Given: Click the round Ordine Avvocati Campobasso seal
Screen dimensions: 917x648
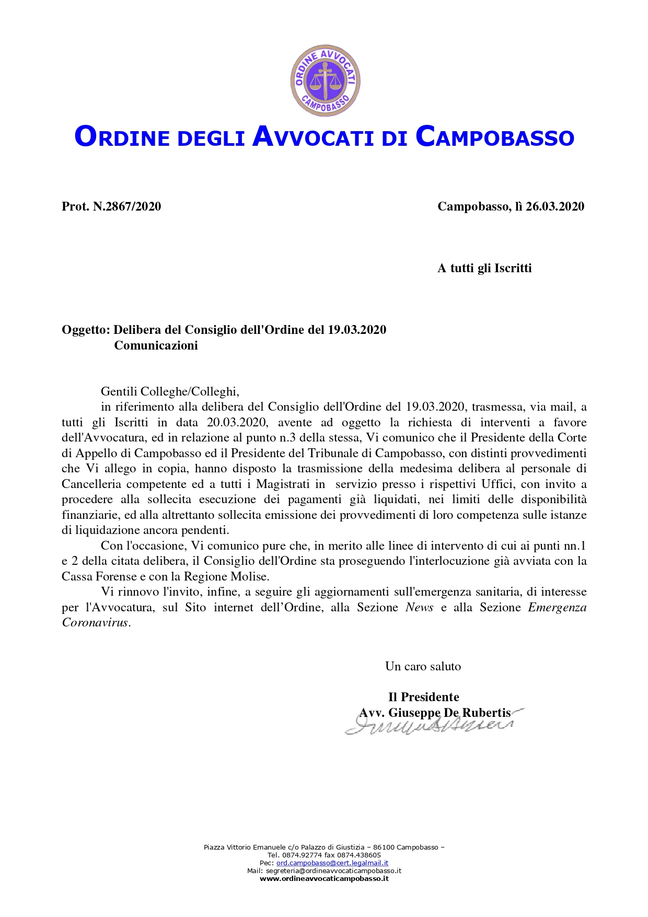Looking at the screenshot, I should coord(325,80).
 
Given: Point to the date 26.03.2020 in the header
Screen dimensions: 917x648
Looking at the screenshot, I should coord(555,206).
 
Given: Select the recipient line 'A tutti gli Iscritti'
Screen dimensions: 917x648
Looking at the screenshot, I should coord(484,268).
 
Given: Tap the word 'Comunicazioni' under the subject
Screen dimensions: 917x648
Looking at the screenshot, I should coord(156,345).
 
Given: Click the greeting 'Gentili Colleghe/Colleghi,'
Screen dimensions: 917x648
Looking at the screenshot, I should coord(170,391).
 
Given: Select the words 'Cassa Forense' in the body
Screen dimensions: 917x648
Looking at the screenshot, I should coord(99,576).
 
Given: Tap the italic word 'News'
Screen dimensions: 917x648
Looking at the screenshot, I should coord(419,607).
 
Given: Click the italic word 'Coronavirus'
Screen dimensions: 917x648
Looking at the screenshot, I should coord(95,622).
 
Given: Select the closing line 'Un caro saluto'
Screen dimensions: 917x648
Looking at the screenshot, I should coord(423,666).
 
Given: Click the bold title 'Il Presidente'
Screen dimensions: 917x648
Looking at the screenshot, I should coord(423,697).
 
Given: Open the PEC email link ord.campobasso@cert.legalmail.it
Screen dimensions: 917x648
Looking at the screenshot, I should coord(332,863).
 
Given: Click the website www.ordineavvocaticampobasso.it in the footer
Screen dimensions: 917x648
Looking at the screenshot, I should coord(324,879).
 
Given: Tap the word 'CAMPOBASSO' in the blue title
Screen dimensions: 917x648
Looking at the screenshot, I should coord(495,137).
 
